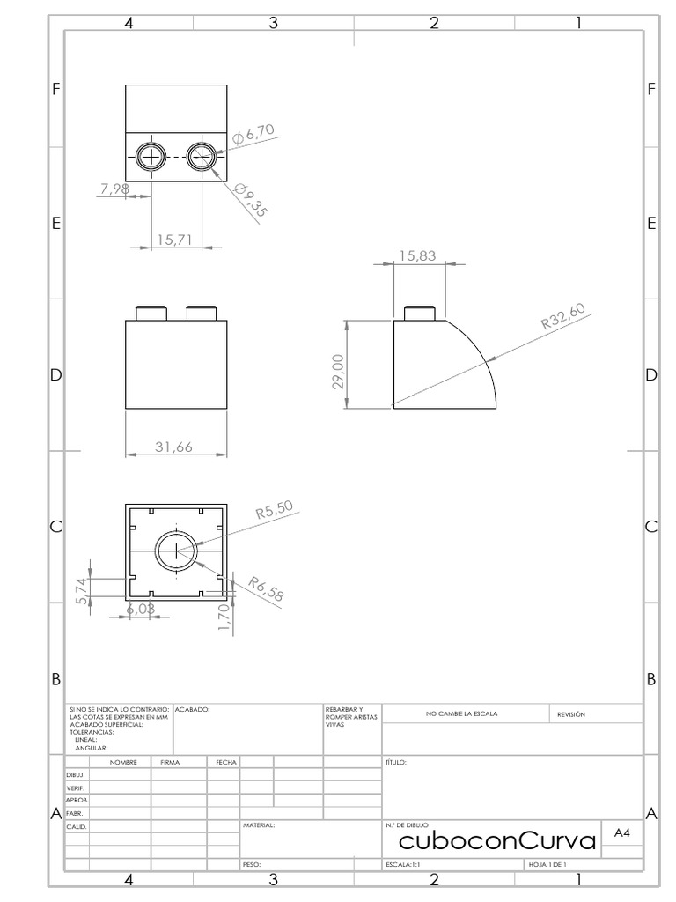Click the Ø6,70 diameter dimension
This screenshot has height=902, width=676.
[x=254, y=134]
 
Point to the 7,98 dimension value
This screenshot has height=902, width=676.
[x=115, y=188]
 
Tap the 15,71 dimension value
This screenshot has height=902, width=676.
[x=174, y=240]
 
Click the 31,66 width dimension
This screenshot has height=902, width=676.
[x=173, y=447]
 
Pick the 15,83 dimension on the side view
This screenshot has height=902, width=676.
[x=417, y=255]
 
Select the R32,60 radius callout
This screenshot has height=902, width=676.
[x=563, y=316]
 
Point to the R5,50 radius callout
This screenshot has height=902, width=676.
[x=273, y=511]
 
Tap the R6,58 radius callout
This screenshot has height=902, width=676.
[x=266, y=588]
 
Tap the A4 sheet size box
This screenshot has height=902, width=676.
[x=621, y=832]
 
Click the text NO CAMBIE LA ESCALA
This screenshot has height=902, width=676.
[x=461, y=713]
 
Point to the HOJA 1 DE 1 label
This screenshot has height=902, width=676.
[x=547, y=865]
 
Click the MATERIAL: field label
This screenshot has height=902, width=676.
[x=259, y=826]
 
